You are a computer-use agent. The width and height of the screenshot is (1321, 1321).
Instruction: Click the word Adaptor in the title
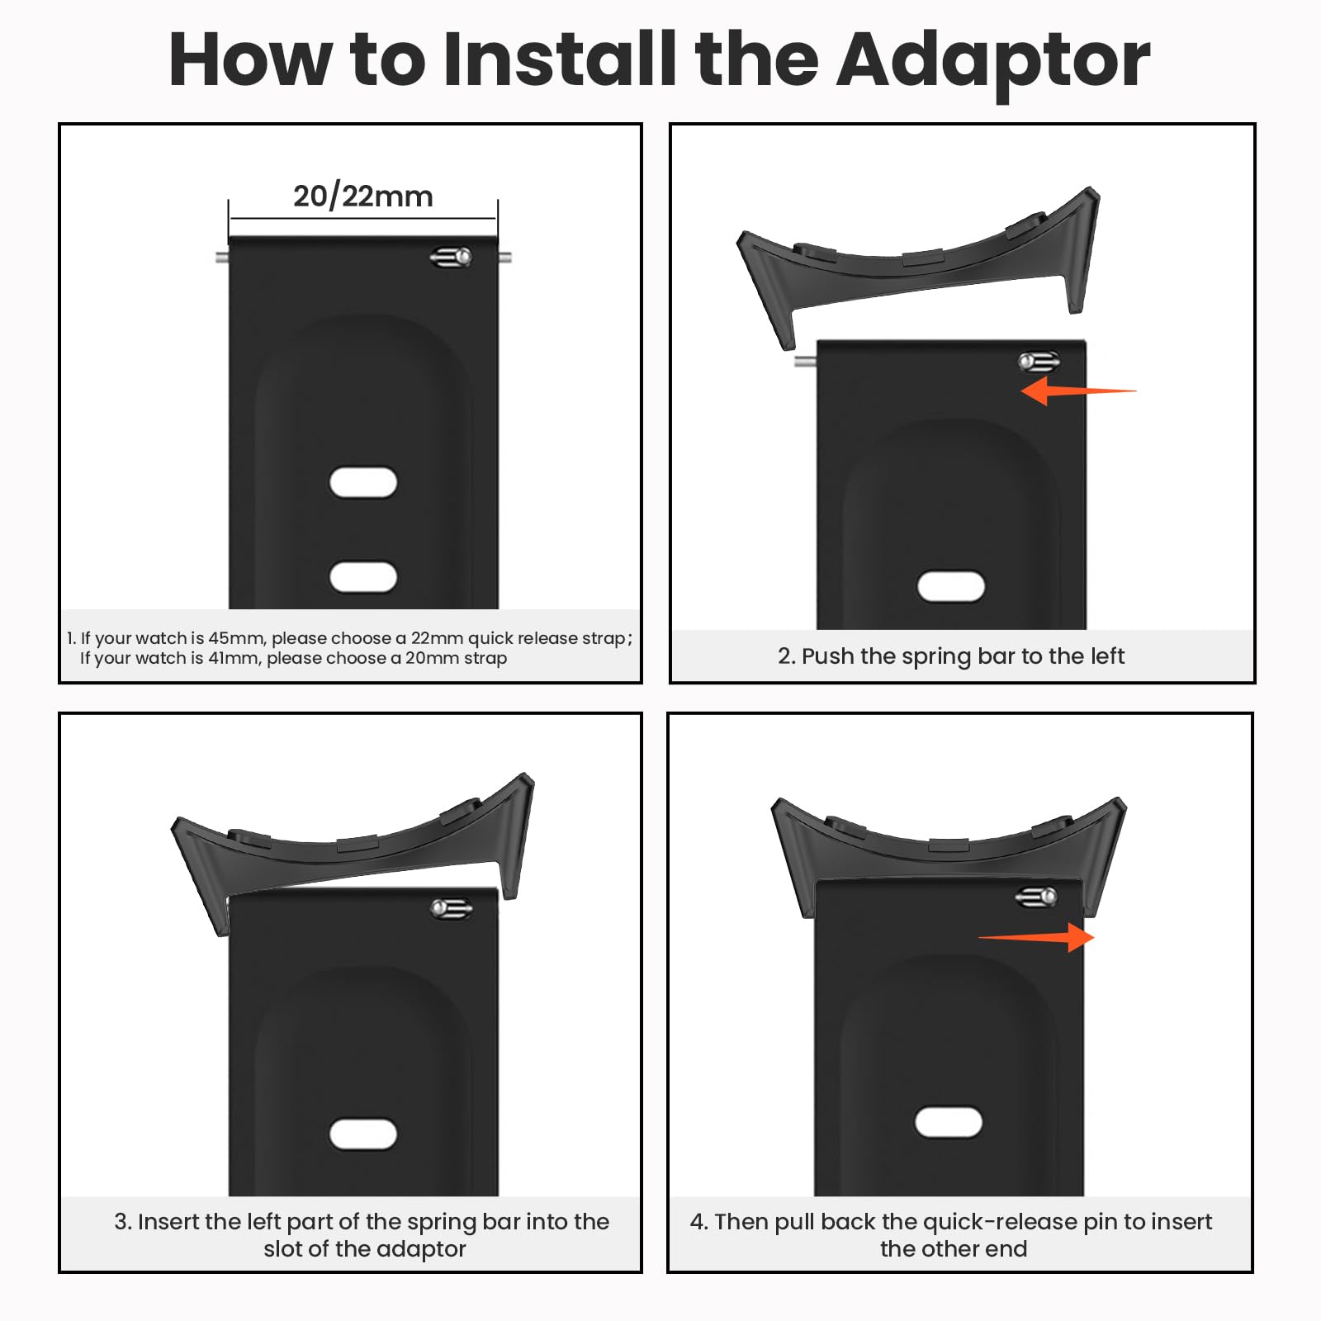tap(993, 60)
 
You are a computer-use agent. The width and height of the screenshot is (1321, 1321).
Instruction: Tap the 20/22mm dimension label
tap(363, 196)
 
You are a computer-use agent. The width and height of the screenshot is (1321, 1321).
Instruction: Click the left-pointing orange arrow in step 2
tap(1078, 391)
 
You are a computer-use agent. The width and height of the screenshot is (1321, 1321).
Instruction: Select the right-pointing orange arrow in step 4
tap(1036, 937)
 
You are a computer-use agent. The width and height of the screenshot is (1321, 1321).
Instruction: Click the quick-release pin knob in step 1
tap(451, 258)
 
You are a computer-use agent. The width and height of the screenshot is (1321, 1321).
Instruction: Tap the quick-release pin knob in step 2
tap(1039, 362)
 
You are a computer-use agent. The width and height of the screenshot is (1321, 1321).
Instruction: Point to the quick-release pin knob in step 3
tap(452, 909)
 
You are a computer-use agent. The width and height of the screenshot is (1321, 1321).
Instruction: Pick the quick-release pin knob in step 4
tap(1036, 897)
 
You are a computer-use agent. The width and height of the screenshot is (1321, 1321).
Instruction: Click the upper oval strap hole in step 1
tap(363, 482)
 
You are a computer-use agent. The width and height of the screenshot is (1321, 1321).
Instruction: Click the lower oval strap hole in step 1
tap(363, 577)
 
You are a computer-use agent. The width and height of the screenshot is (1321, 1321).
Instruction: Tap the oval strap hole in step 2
tap(951, 586)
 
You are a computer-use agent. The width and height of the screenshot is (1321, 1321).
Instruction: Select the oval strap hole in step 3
tap(363, 1134)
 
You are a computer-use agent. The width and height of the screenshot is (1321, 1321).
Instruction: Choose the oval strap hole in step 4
tap(949, 1123)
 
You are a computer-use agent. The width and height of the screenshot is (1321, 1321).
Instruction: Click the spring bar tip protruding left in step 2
tap(805, 361)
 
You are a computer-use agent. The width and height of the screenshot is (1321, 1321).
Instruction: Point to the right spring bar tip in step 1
tap(504, 257)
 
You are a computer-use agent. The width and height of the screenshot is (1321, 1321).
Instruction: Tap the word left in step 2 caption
tap(1106, 656)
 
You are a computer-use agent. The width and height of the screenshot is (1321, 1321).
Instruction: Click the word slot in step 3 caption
tap(283, 1248)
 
